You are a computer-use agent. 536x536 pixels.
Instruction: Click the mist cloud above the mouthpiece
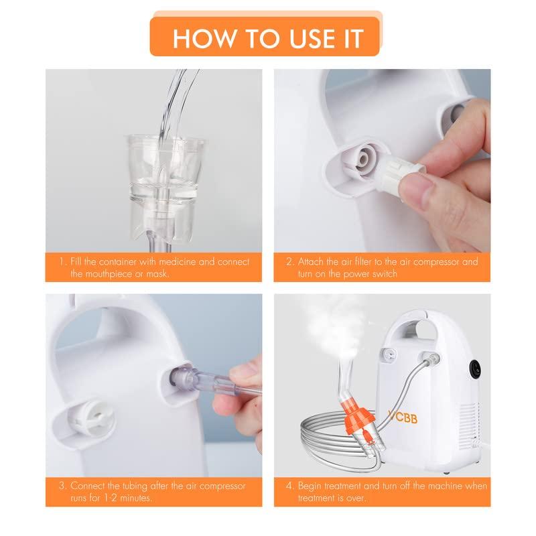(338, 322)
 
